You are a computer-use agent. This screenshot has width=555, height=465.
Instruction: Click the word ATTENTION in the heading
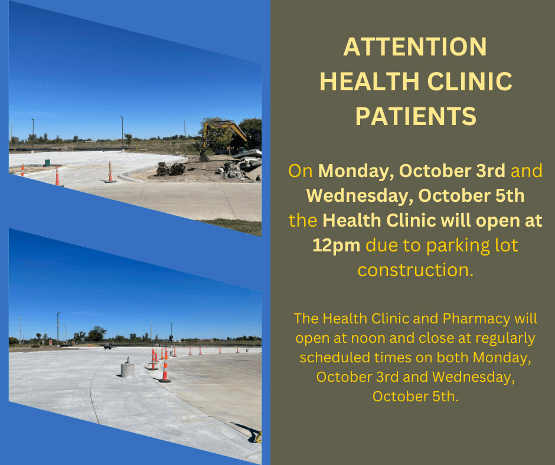point(415,47)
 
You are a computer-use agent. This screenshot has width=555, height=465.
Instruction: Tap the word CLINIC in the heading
point(470,81)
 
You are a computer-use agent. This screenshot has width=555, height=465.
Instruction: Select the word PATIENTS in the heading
point(416,116)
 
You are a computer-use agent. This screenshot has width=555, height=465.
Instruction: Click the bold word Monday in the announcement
point(355,171)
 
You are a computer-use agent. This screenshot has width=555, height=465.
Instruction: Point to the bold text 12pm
point(336,245)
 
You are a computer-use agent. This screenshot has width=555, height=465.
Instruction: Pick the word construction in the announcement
point(415,270)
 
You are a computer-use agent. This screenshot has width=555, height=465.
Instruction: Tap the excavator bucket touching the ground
point(204,157)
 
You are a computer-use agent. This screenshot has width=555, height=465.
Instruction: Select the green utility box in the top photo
point(47,163)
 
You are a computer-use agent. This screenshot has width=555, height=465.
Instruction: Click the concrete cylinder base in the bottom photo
point(128,368)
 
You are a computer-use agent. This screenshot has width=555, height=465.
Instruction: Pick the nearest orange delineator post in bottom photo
point(165,368)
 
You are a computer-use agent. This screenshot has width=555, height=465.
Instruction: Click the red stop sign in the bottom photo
point(51,342)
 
